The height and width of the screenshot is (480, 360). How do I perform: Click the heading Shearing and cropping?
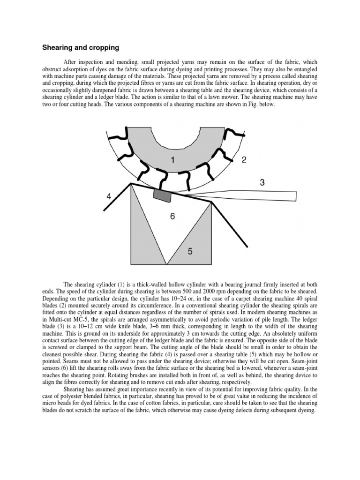coord(81,47)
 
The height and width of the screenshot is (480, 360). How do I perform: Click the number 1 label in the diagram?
coord(172,160)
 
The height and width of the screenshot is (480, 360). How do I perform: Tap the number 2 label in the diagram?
coord(244,160)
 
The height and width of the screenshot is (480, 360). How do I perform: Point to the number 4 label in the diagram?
coord(109,196)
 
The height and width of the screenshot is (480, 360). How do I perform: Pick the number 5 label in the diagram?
coord(190,252)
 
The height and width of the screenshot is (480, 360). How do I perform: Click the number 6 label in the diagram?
coord(172,217)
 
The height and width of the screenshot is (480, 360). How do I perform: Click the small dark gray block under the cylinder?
coord(162,195)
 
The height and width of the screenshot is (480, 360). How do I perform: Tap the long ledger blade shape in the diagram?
coord(248,194)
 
